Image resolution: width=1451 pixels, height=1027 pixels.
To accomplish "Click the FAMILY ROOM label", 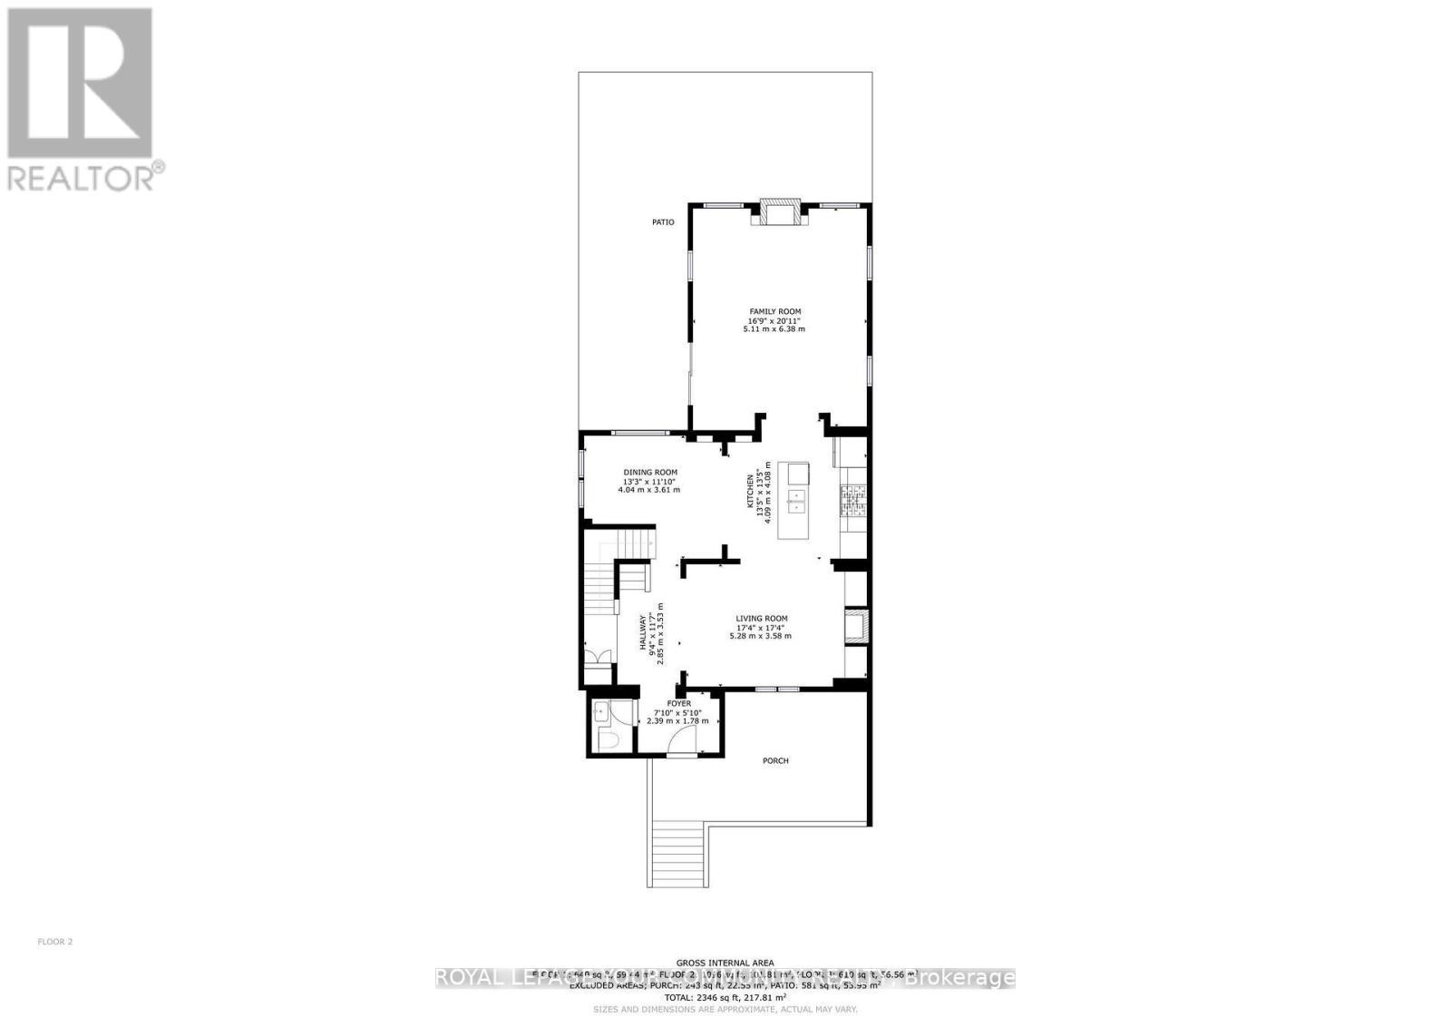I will point(774,311).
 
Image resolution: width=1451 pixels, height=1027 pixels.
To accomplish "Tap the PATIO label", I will point(663,222).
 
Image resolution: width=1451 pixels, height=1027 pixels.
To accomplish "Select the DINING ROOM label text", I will point(649,472).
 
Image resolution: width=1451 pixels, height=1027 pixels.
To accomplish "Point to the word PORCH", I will point(775,760).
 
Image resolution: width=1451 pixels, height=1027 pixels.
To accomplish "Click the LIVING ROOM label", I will point(761,619).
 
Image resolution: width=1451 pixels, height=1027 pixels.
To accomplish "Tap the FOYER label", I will point(678,703).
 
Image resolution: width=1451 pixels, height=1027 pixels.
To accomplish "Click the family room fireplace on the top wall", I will point(776,212).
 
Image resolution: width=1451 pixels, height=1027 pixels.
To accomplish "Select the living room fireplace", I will point(857,626).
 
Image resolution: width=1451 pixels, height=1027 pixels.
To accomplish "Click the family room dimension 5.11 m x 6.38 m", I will point(774,329).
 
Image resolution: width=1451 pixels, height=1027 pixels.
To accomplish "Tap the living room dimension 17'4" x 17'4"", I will point(761,627).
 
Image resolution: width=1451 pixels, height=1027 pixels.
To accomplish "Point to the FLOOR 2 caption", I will point(54,942).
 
